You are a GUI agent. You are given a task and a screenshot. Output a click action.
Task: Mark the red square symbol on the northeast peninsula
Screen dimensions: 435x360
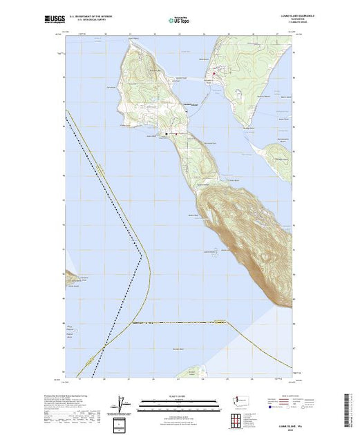(x=214, y=74)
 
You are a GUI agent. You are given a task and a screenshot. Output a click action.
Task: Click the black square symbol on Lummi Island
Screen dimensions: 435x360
(x=167, y=133)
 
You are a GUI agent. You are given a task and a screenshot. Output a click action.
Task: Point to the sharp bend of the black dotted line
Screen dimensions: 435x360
(x=142, y=257)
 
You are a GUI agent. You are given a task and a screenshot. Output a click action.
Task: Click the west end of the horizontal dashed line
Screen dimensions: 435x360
(x=133, y=322)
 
